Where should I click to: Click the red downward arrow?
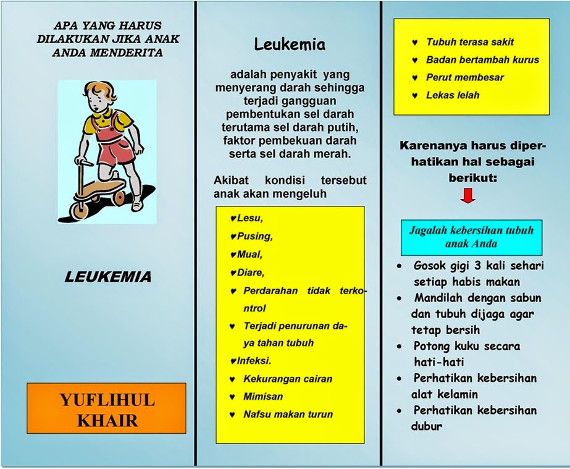[x=468, y=197]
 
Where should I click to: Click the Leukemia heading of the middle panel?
[x=290, y=44]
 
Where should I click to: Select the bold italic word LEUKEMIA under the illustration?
[x=107, y=277]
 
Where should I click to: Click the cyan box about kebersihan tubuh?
[x=471, y=237]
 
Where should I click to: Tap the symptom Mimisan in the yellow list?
[x=263, y=397]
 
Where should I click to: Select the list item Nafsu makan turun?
[x=287, y=414]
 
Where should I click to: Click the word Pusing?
[x=254, y=236]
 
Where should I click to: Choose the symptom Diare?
[x=251, y=271]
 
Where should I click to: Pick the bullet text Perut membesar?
[x=465, y=78]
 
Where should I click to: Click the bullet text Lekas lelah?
[x=453, y=95]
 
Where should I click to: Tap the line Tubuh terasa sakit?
[x=470, y=43]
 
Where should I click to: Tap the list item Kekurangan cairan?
[x=288, y=379]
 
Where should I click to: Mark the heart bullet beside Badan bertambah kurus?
[x=416, y=61]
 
